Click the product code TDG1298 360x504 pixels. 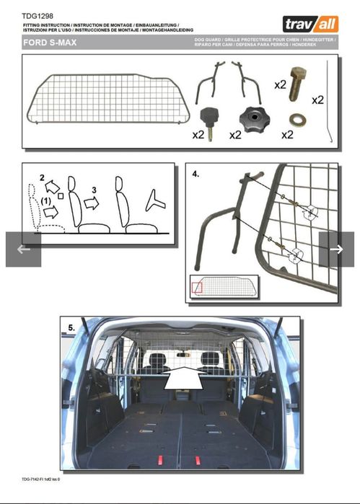[x=37, y=15]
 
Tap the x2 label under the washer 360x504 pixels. [x=287, y=134]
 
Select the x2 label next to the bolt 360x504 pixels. [x=281, y=84]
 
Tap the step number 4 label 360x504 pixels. [x=196, y=174]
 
